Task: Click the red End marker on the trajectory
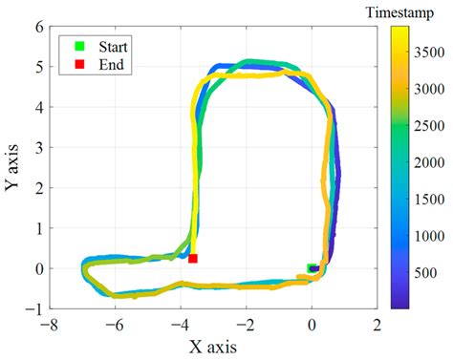(x=193, y=258)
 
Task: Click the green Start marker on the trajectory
(x=311, y=268)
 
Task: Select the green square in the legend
(x=81, y=46)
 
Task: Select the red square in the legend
(x=81, y=64)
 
